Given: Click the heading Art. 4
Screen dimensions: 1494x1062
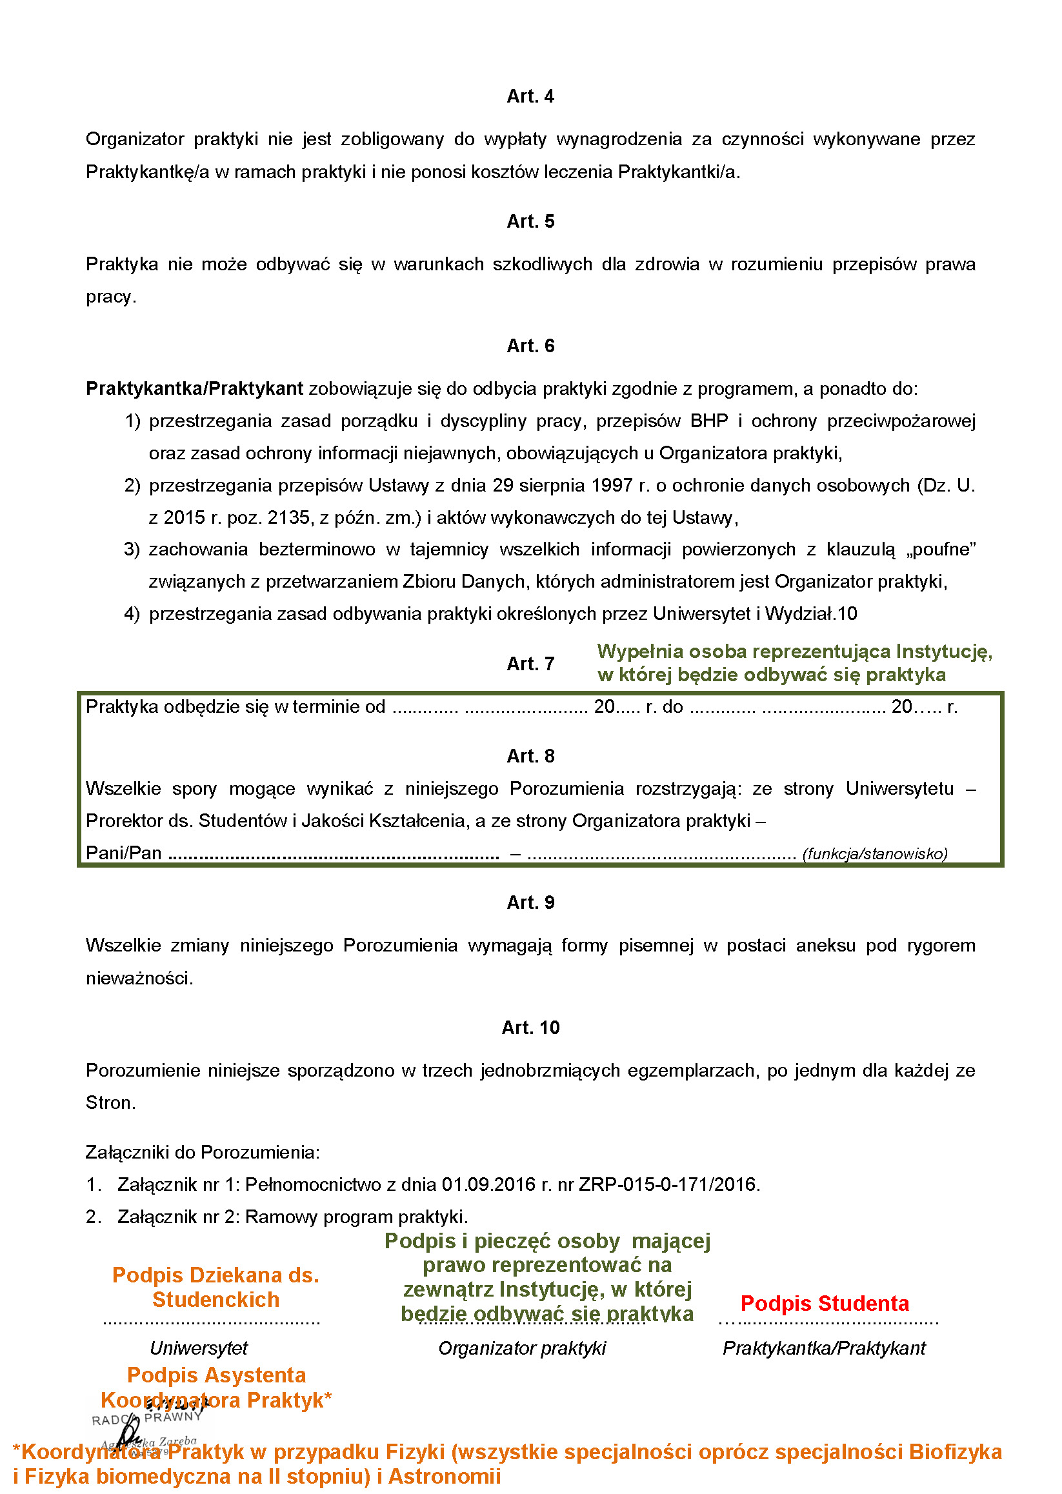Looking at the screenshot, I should pos(530,96).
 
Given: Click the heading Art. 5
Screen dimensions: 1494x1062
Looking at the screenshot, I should pos(530,221).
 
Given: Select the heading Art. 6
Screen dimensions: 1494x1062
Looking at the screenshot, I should pos(530,345).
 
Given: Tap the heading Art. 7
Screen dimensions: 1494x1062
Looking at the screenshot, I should pos(530,663).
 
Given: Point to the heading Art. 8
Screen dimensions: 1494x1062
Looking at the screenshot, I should pos(530,756).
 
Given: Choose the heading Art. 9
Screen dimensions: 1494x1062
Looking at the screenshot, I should pos(530,902).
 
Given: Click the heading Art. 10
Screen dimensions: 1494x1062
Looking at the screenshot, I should pos(530,1027).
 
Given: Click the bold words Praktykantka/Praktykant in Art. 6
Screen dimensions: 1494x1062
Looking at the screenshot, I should pos(194,388).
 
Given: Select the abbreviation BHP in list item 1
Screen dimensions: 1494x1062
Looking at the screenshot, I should pos(709,421).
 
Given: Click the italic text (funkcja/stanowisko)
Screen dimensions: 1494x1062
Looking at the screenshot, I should pos(874,853).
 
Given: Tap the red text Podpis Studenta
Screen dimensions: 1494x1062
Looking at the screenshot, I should pos(824,1303).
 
